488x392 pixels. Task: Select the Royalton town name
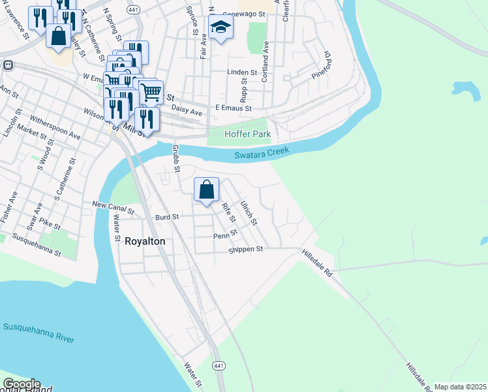click(x=145, y=241)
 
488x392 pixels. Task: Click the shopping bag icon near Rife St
click(x=206, y=190)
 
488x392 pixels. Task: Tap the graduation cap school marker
click(x=221, y=27)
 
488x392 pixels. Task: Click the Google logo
click(x=21, y=384)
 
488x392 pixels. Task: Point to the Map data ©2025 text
click(x=460, y=387)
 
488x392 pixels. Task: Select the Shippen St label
click(x=245, y=249)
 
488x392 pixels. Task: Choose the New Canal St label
click(x=113, y=208)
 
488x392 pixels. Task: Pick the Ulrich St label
click(x=249, y=212)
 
